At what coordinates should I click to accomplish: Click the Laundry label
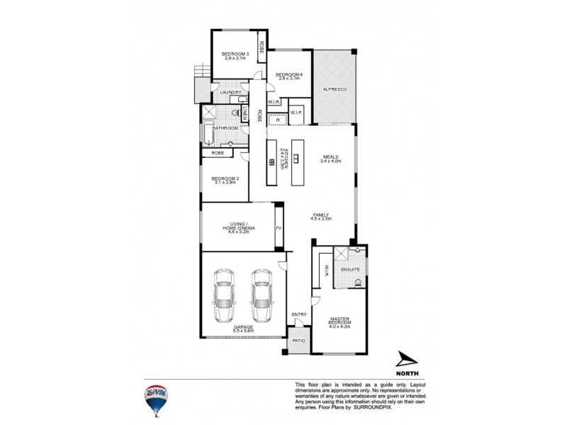click(x=231, y=93)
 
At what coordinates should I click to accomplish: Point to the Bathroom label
click(x=225, y=128)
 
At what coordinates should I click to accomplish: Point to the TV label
click(x=279, y=228)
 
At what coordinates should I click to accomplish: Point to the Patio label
click(x=299, y=341)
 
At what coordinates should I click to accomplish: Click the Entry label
click(x=299, y=314)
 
